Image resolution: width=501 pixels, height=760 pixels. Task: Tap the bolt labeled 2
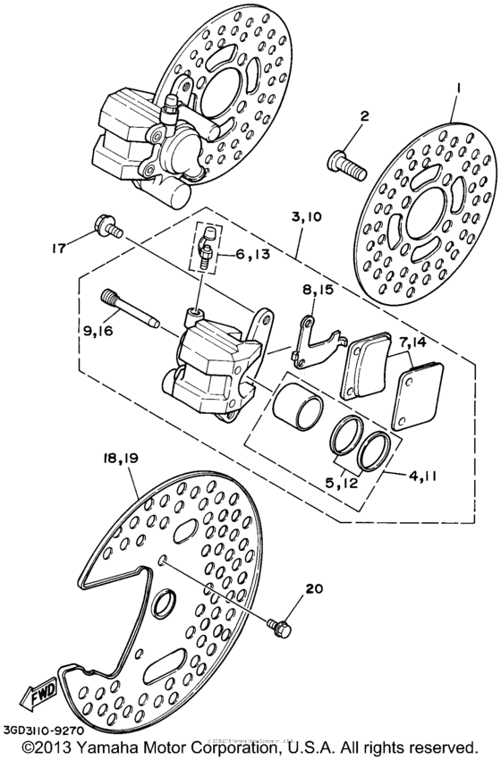(345, 164)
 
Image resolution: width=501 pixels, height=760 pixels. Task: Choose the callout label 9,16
(100, 331)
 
